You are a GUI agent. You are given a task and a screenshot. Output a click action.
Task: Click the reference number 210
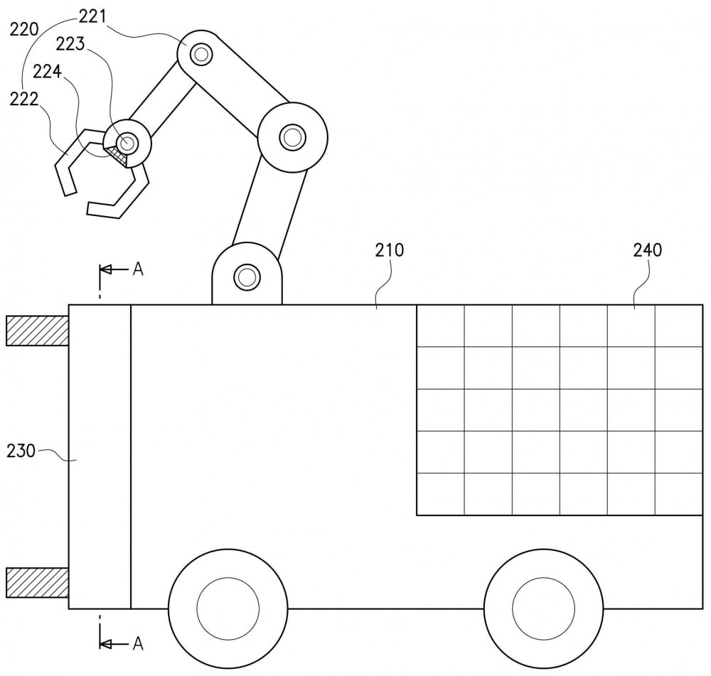(x=389, y=250)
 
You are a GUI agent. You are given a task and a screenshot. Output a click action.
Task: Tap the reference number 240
(x=648, y=250)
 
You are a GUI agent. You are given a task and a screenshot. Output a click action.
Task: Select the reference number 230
(x=21, y=451)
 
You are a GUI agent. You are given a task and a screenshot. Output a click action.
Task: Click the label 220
(x=24, y=30)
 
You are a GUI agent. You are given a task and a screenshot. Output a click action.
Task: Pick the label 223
(x=70, y=44)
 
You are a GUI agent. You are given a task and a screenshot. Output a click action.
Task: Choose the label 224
(x=47, y=71)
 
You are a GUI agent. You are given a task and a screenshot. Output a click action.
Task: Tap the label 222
(x=24, y=99)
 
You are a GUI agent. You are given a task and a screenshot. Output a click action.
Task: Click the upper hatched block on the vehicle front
(x=37, y=331)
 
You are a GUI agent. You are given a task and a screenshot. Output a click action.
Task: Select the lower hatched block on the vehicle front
(x=37, y=582)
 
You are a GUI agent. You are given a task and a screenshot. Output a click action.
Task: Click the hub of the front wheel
(x=228, y=608)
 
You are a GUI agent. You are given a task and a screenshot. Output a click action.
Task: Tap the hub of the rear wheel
(x=544, y=608)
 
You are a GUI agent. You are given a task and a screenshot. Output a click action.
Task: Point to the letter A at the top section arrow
(x=138, y=270)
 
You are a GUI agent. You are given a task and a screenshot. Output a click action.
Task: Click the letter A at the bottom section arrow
(x=138, y=643)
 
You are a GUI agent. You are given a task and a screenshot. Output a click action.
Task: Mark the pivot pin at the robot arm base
(x=247, y=276)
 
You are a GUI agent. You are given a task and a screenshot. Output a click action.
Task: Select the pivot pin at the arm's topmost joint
(x=201, y=55)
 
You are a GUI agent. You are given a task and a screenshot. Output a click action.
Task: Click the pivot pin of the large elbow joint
(x=292, y=136)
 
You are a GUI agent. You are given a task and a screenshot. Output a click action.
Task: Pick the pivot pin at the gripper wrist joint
(x=127, y=143)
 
